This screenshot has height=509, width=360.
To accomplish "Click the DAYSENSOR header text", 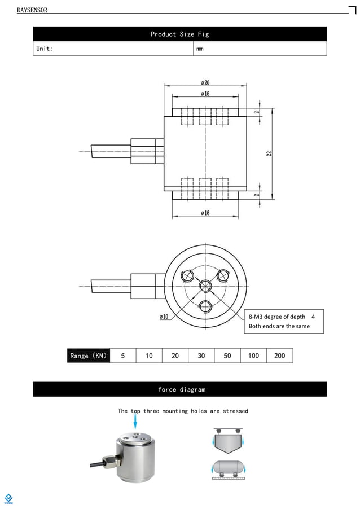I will pyautogui.click(x=32, y=10).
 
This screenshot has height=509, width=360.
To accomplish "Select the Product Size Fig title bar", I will pyautogui.click(x=179, y=34).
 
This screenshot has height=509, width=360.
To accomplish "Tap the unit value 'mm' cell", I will pyautogui.click(x=200, y=49).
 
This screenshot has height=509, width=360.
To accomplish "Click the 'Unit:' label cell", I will pyautogui.click(x=45, y=49).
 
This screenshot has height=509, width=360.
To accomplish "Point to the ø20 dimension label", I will pyautogui.click(x=205, y=82).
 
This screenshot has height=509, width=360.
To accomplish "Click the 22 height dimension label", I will pyautogui.click(x=270, y=153).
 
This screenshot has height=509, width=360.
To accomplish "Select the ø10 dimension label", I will pyautogui.click(x=163, y=317).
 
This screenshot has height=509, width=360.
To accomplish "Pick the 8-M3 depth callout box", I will pyautogui.click(x=284, y=321).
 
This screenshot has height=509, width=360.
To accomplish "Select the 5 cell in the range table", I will pyautogui.click(x=123, y=356).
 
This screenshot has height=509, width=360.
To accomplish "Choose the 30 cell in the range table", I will pyautogui.click(x=201, y=356).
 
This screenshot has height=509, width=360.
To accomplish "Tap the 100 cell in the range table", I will pyautogui.click(x=254, y=356).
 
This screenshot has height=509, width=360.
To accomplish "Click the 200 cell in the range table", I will pyautogui.click(x=280, y=356).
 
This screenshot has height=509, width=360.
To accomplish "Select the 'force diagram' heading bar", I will pyautogui.click(x=179, y=389).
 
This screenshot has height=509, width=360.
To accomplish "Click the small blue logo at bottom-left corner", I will pyautogui.click(x=8, y=498).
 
